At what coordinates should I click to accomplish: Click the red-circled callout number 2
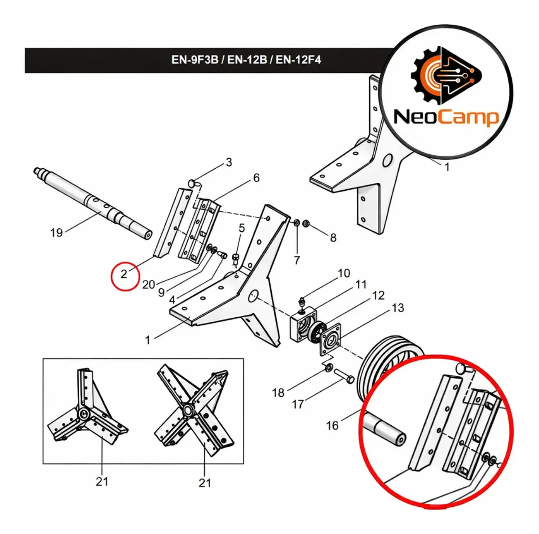pos(124,274)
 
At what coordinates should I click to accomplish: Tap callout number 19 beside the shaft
pos(56,232)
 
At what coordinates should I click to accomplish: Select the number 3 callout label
pos(229,162)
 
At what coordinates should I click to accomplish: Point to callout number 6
pos(256,178)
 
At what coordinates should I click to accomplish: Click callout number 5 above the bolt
pos(241,228)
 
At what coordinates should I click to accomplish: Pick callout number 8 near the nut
pos(333,238)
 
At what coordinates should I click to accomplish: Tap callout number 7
pos(297,260)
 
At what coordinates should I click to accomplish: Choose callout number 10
pos(344,273)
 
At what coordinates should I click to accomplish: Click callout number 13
pos(398,308)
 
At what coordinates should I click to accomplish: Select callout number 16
pos(332,426)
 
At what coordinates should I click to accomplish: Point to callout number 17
pos(297,404)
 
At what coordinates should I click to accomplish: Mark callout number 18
pos(278,393)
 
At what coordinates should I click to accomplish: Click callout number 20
pos(149,285)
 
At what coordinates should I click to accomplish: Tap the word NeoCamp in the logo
pos(446,118)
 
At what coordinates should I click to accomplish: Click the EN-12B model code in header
pos(247,60)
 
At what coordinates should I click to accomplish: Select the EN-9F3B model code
pos(194,60)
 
